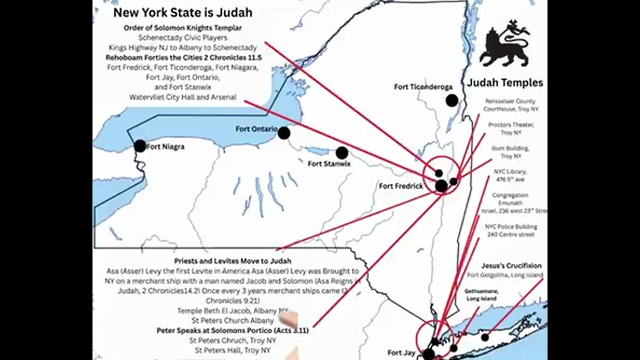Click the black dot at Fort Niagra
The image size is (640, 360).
tap(140, 146)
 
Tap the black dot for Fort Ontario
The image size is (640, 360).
tap(284, 133)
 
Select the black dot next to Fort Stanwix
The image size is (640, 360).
tap(342, 153)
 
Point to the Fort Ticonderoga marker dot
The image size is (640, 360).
tap(452, 100)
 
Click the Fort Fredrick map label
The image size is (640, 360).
tap(400, 186)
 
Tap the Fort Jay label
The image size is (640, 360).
tap(401, 353)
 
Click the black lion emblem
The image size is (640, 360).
tap(504, 44)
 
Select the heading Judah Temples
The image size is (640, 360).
tap(504, 83)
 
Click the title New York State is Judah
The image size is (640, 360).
tap(182, 13)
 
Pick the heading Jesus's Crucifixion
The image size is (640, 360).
tap(511, 266)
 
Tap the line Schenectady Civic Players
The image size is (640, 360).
tap(182, 38)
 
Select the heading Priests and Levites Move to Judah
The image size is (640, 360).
tap(232, 261)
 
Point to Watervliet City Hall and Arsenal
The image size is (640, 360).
tap(182, 97)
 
